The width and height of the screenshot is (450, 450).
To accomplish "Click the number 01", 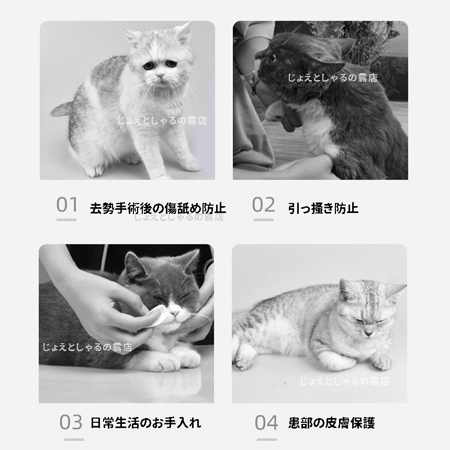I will click(x=66, y=205).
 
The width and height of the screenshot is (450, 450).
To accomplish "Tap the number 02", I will click(x=263, y=205).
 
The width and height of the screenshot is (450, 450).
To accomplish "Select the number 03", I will click(x=71, y=422).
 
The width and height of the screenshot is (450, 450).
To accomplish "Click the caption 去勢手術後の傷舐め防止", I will click(x=158, y=208).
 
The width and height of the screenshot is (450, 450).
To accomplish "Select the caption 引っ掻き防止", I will click(x=323, y=208).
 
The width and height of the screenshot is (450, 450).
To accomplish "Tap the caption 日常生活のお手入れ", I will click(x=145, y=423).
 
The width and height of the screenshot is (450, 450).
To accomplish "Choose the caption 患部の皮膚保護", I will click(x=331, y=423).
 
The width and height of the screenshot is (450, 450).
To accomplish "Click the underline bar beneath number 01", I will click(x=66, y=220).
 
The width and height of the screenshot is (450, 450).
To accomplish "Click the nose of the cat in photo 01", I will click(x=161, y=77).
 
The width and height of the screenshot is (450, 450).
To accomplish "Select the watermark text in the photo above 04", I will click(x=344, y=381).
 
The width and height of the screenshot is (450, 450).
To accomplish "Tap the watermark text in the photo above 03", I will click(x=87, y=347).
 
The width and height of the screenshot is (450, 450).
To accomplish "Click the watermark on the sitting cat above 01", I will click(x=161, y=121).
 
